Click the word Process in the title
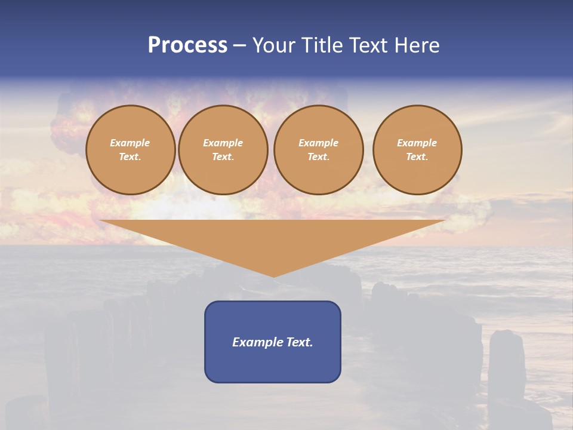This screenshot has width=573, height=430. pos(187,45)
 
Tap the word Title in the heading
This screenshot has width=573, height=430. pos(322,45)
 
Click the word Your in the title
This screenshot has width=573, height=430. pos(275,45)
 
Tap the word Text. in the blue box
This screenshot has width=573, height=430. pos(298,342)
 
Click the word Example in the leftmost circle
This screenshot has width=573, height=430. pos(130,143)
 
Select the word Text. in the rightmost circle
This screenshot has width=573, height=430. pos(417,156)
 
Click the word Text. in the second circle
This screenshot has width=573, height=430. pos(223,156)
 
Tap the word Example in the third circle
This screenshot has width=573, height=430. pos(319,143)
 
